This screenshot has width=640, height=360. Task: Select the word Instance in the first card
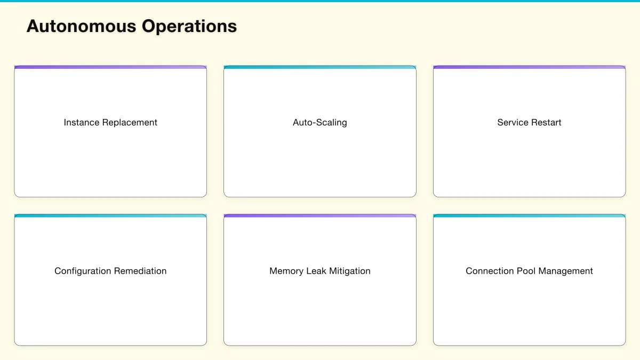(82, 123)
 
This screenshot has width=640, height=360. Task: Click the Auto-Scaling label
(320, 123)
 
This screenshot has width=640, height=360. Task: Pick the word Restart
(546, 123)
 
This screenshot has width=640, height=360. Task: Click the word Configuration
(82, 271)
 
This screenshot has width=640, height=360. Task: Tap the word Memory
(286, 271)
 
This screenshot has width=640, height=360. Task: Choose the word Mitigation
(350, 271)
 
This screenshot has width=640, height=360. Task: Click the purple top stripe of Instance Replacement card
(110, 67)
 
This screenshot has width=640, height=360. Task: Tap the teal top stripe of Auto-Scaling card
(320, 67)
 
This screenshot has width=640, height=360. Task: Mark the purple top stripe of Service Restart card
(529, 67)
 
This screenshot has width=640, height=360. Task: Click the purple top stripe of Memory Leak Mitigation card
(320, 216)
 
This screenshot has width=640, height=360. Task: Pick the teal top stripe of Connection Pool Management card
(529, 216)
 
